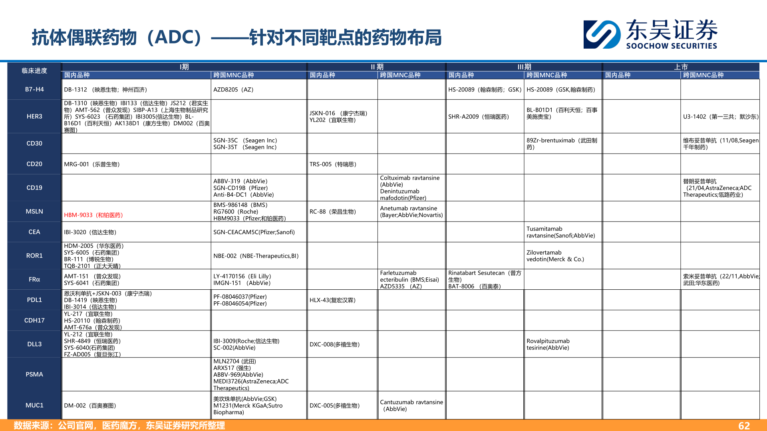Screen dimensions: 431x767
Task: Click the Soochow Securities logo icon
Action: (602, 34)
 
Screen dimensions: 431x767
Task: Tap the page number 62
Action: (744, 425)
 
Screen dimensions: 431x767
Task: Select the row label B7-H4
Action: (34, 89)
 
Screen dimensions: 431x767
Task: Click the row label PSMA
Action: (34, 374)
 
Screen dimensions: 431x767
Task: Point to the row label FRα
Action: (34, 279)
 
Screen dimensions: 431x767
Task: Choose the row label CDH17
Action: (34, 320)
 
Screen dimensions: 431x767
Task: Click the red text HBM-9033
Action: (93, 215)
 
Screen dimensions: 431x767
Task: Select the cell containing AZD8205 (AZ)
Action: (233, 90)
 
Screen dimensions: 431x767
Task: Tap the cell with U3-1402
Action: (720, 117)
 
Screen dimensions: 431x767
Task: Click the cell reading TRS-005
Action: (333, 164)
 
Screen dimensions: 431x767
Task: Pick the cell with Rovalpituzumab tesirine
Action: (548, 344)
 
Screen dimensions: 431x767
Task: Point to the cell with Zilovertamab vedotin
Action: (555, 256)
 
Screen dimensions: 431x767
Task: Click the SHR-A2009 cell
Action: (479, 117)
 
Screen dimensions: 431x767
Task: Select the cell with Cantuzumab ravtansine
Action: (411, 405)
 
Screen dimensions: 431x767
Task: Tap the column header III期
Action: (524, 67)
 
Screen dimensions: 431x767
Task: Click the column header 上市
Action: (681, 67)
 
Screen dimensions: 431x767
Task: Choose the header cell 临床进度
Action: (34, 71)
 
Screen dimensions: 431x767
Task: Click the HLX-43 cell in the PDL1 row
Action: (332, 300)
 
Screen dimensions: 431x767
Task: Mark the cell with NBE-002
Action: (256, 256)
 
